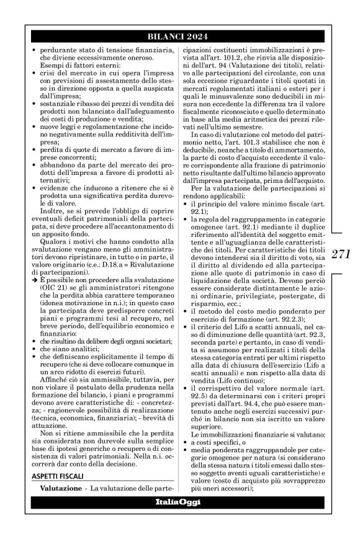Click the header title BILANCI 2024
179,36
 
